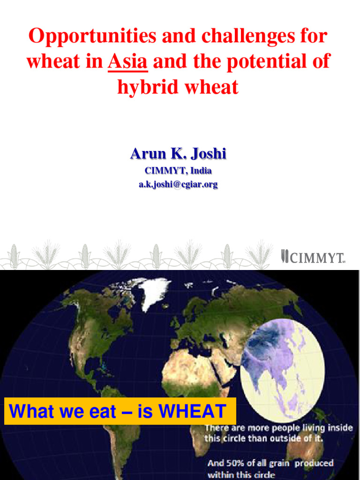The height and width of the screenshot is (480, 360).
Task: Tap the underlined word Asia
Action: pyautogui.click(x=127, y=61)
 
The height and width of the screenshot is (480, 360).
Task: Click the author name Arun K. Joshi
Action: pyautogui.click(x=178, y=154)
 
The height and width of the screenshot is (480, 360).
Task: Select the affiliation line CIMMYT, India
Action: pyautogui.click(x=178, y=171)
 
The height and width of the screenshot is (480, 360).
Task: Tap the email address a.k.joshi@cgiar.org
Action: pyautogui.click(x=178, y=184)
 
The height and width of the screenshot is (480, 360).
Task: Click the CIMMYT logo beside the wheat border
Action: pyautogui.click(x=313, y=257)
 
